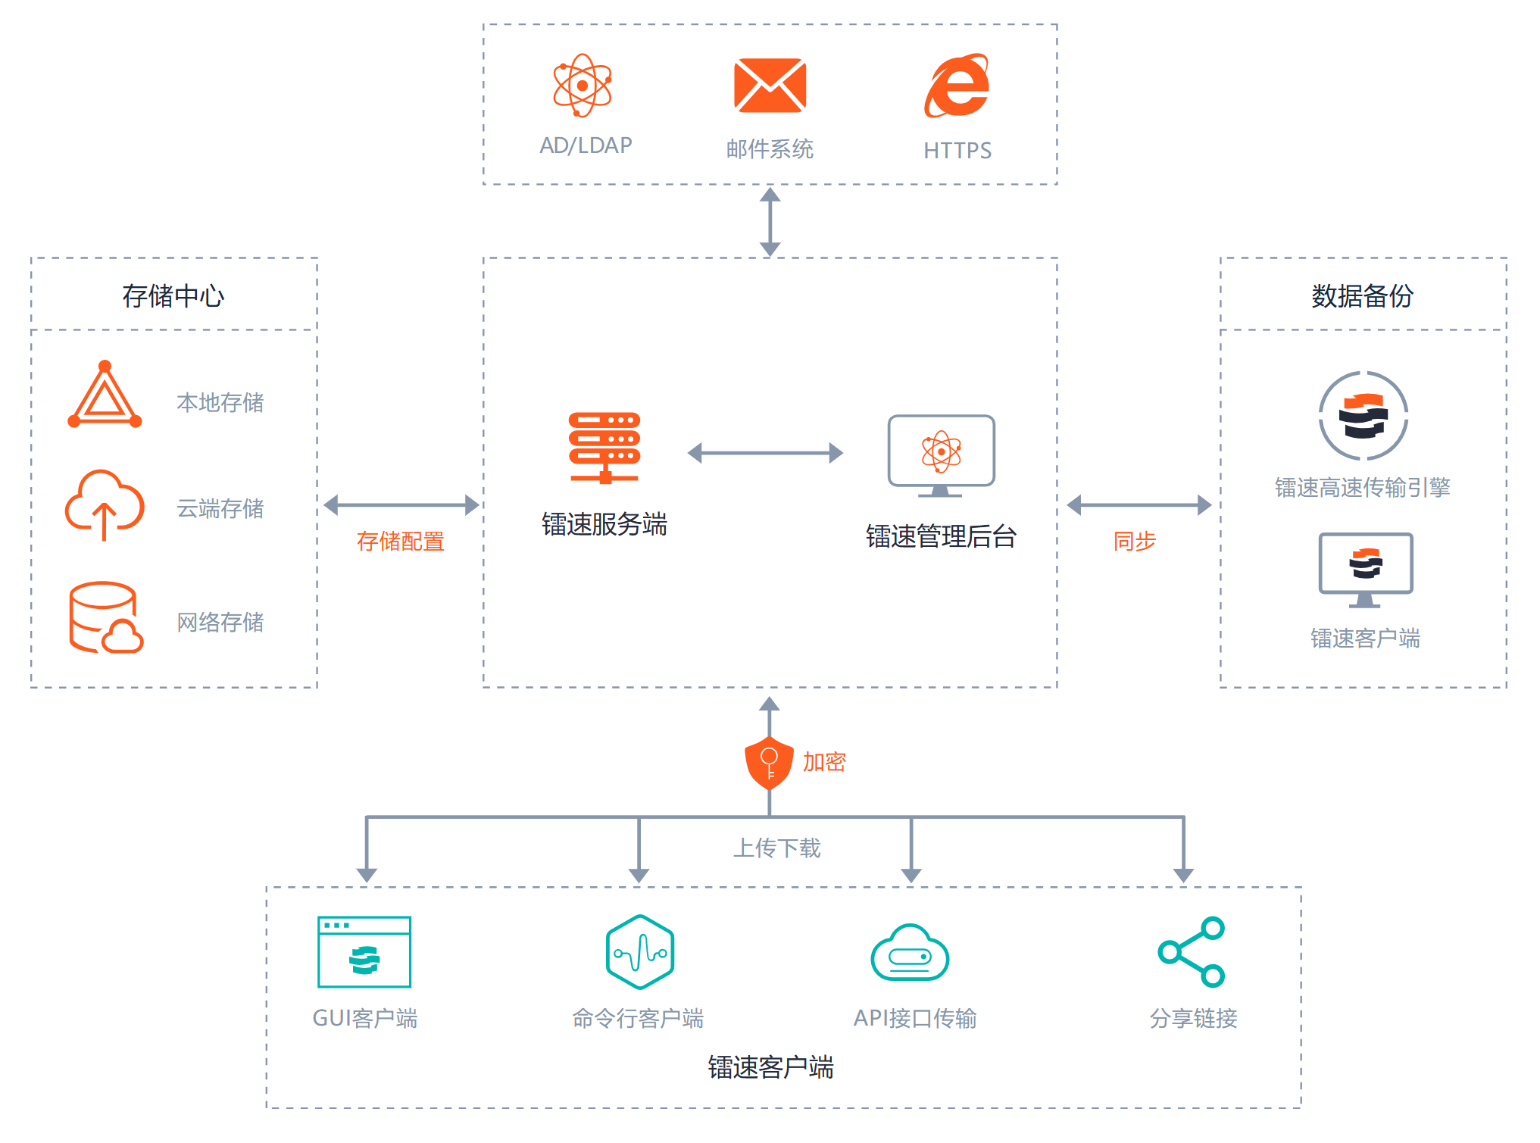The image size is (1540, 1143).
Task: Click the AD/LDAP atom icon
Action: (582, 86)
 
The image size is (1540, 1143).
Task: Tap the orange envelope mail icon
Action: (770, 86)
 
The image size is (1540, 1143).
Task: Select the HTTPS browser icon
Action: (957, 86)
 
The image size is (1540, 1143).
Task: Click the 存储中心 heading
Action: (173, 296)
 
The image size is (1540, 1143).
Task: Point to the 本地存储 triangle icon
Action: (105, 395)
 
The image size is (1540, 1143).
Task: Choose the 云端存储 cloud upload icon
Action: (105, 504)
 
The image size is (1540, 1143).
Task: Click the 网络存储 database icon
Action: (105, 617)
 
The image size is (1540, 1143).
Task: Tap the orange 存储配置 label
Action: (400, 542)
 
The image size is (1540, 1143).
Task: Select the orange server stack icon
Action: (604, 448)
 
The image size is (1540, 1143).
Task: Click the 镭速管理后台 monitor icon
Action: (941, 455)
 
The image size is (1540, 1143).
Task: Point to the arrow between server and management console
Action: (765, 453)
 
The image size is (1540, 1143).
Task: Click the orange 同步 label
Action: (1134, 542)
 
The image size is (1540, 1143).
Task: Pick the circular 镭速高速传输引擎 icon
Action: (1363, 416)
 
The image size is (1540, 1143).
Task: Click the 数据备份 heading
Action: (1362, 296)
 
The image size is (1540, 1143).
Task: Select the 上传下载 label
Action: (776, 848)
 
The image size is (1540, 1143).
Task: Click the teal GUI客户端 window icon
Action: (364, 952)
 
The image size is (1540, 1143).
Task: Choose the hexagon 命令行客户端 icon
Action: (640, 952)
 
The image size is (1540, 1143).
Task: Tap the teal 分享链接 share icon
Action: (1192, 952)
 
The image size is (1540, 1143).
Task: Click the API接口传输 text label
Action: (915, 1019)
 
